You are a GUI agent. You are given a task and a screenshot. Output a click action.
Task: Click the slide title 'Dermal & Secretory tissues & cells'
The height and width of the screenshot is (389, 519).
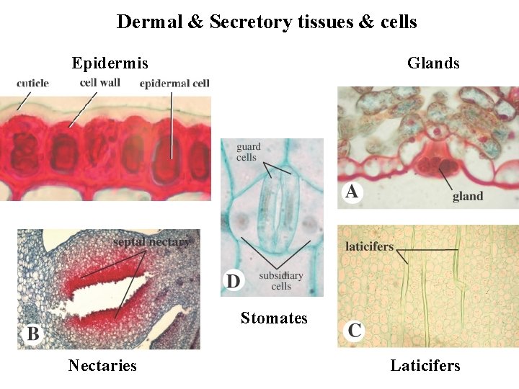point(267,22)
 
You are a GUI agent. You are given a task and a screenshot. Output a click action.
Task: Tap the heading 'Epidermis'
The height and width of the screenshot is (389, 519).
point(110,63)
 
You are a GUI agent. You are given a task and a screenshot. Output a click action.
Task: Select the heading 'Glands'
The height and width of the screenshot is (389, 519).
point(433,63)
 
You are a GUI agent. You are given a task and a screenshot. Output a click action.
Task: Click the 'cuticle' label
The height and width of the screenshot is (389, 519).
point(32,83)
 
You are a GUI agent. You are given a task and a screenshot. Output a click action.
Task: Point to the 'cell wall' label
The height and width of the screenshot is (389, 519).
point(100,82)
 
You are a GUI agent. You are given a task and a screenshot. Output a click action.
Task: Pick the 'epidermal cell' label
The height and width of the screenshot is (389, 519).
point(174,83)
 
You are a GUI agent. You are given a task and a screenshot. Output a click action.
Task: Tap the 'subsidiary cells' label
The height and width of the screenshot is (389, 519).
point(280,281)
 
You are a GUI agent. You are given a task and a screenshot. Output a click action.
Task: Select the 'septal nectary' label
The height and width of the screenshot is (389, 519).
point(151,242)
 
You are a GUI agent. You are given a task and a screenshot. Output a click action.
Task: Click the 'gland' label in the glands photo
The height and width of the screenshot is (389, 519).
point(468,196)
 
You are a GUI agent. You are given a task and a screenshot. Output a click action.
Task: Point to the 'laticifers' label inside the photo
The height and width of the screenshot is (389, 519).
point(369,246)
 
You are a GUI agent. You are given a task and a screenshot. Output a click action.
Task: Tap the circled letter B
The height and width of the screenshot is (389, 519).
point(33,334)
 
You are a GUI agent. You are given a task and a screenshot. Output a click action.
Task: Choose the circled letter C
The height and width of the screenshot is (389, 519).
point(354,331)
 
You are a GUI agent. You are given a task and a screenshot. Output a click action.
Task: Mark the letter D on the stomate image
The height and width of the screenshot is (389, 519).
point(234,280)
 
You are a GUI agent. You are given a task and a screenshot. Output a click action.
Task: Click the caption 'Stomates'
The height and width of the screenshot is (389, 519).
point(274,318)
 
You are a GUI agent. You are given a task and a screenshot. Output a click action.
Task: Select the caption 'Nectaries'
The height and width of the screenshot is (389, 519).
point(102,365)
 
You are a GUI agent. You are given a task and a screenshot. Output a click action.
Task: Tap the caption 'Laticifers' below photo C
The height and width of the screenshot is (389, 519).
point(425,365)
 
